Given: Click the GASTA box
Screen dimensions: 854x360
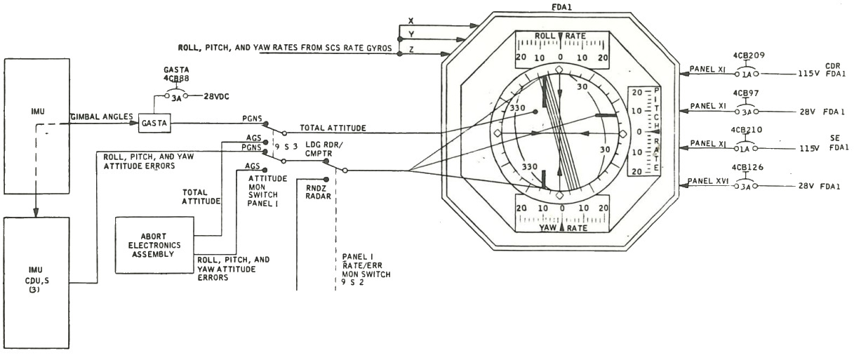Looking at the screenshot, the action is click(154, 124).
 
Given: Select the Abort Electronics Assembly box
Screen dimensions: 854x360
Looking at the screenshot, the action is click(154, 245).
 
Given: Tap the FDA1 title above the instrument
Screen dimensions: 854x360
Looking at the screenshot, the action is click(561, 7).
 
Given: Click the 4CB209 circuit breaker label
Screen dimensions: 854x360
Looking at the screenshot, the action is click(749, 55).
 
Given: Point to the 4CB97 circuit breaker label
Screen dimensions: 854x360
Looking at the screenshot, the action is click(746, 93).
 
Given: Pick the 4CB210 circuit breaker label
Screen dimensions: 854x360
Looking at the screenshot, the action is click(747, 130).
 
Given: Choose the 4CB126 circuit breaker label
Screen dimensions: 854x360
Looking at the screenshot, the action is click(747, 167).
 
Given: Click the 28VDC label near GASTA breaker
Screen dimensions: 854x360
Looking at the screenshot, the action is click(216, 97).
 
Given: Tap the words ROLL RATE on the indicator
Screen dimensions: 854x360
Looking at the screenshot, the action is click(560, 36).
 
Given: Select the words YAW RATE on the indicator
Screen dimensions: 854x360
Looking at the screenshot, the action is click(563, 228).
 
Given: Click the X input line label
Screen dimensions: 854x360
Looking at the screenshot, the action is click(411, 21).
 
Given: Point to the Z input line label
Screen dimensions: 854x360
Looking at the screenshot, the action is click(411, 50).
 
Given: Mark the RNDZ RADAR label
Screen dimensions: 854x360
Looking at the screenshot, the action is click(318, 192).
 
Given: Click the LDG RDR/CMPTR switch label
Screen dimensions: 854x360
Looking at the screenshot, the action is click(323, 149).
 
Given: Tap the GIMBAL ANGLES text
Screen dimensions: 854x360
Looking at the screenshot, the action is click(102, 116).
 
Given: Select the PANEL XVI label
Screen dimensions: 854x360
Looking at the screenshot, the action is click(708, 181).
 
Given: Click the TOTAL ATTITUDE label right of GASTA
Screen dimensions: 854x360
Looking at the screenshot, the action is click(333, 128).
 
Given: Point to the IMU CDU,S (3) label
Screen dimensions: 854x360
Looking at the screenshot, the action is click(36, 280).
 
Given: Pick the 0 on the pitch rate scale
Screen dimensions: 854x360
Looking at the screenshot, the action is click(639, 132).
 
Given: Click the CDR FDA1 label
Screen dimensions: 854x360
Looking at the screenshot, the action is click(835, 69).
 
